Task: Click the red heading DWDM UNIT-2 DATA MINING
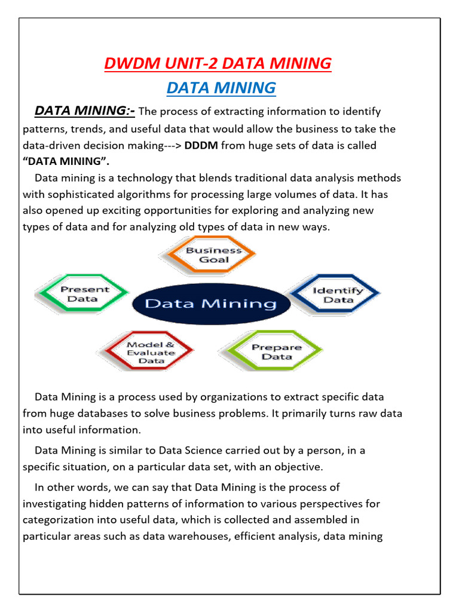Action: (218, 63)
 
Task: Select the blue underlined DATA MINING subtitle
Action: (221, 88)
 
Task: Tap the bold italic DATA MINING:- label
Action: (85, 111)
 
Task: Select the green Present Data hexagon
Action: (83, 293)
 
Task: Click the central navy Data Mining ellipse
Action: (210, 304)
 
